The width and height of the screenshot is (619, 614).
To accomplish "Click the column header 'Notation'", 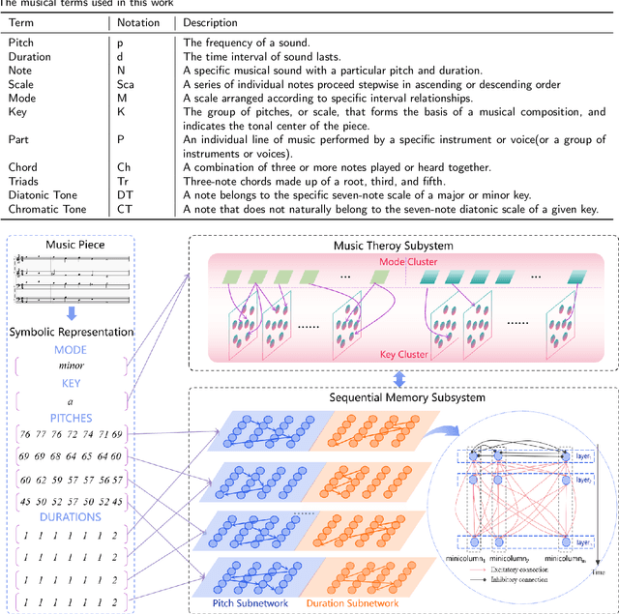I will (x=139, y=21).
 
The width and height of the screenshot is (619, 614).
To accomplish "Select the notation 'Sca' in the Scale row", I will (x=126, y=84).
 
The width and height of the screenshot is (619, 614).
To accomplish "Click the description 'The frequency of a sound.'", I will (x=255, y=44).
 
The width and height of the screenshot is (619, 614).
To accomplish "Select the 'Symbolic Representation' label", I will (x=71, y=333).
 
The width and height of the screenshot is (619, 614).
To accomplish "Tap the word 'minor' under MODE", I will (x=71, y=366).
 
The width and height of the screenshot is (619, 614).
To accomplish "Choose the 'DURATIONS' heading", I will (x=71, y=516).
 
